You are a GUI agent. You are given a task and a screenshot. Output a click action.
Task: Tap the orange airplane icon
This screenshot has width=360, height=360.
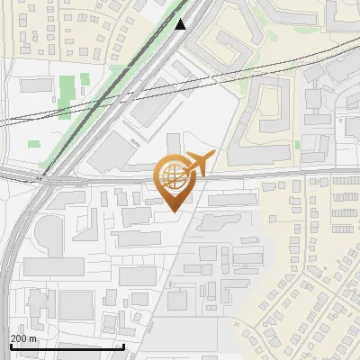tap(197, 164)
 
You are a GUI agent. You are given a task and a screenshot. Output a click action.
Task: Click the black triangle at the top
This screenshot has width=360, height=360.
tap(181, 24)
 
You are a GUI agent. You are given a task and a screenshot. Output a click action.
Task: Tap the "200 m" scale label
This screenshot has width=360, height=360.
tap(23, 338)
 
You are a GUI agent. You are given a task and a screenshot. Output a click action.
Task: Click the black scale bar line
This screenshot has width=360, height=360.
tap(67, 346)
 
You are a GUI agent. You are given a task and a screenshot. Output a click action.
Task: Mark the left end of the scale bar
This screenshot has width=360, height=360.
tap(10, 346)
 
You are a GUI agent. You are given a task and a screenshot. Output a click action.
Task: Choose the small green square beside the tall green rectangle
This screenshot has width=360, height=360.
tap(85, 79)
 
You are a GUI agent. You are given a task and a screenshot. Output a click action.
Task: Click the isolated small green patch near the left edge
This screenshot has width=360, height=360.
tap(34, 144)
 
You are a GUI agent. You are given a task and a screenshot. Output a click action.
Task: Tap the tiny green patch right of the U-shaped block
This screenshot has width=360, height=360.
tap(298, 144)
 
